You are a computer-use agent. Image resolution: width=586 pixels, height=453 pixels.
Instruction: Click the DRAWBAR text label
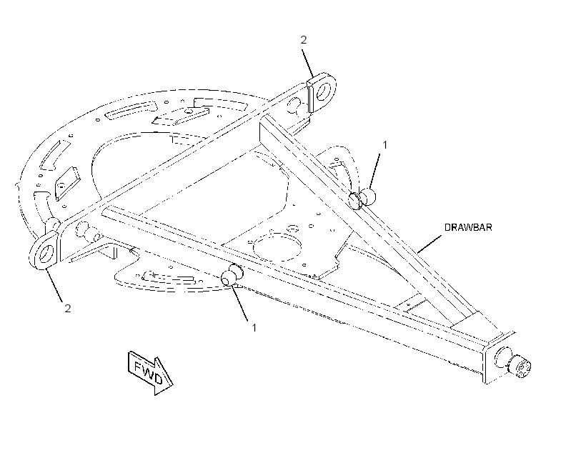pyautogui.click(x=468, y=227)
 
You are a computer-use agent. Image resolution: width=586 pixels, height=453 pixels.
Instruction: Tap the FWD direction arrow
pyautogui.click(x=150, y=372)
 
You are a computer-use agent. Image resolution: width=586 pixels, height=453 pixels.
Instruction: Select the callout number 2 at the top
pyautogui.click(x=304, y=39)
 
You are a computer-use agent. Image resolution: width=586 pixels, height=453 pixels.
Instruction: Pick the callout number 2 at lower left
pyautogui.click(x=68, y=309)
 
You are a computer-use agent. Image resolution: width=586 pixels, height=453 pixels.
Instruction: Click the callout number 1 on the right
pyautogui.click(x=385, y=144)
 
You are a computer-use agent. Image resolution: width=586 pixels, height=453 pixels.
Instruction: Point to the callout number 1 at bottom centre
pyautogui.click(x=254, y=328)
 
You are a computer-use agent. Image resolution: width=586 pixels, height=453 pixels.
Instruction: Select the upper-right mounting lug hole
pyautogui.click(x=323, y=91)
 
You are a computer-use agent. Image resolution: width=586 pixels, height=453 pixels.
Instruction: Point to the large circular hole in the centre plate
pyautogui.click(x=277, y=248)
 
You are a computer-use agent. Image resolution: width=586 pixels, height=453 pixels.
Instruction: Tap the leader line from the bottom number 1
pyautogui.click(x=241, y=303)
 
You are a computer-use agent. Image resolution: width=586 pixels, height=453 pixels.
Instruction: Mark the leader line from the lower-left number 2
pyautogui.click(x=54, y=285)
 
